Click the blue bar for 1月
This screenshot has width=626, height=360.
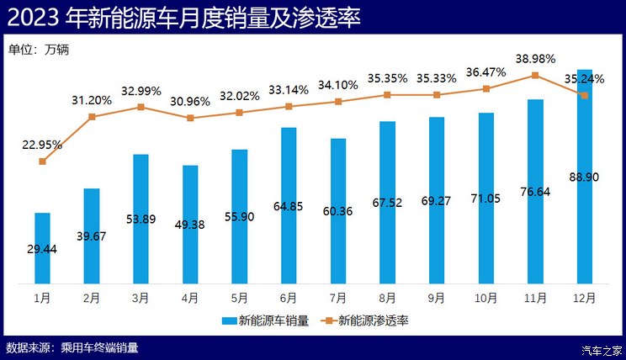click(42, 248)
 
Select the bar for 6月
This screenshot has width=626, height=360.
click(288, 205)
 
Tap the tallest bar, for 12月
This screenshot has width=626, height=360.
click(585, 177)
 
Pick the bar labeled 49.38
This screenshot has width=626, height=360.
click(190, 224)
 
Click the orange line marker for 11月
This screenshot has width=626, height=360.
click(535, 76)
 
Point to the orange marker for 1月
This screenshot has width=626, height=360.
click(42, 161)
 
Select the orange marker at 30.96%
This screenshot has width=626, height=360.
click(190, 118)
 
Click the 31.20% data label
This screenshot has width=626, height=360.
click(91, 100)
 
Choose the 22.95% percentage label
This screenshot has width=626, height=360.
click(42, 145)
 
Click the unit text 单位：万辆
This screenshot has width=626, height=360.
click(39, 49)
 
